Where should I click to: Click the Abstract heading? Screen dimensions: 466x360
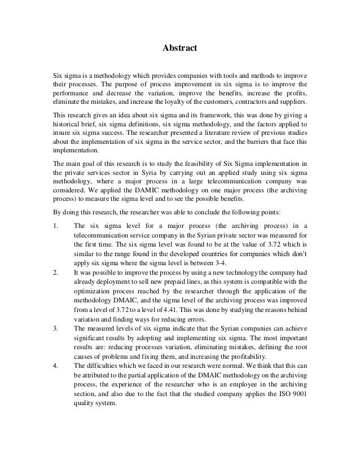(180, 49)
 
